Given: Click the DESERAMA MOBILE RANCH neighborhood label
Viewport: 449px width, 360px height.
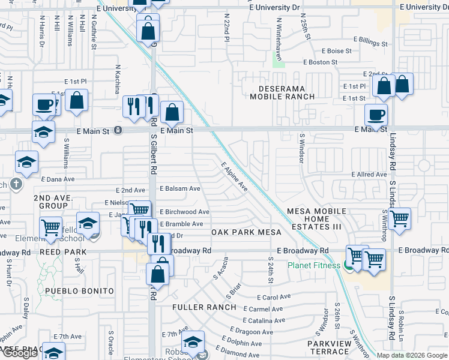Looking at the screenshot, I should (x=277, y=92).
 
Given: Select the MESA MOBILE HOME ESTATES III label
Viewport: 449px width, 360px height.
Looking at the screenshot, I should (x=316, y=219).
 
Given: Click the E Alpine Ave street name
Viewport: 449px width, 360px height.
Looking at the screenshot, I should (x=235, y=176).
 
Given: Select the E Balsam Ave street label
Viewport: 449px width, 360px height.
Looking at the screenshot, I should (x=180, y=188).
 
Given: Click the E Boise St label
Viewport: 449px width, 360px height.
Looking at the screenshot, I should (x=336, y=52).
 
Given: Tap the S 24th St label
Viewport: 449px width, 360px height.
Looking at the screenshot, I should (x=271, y=271).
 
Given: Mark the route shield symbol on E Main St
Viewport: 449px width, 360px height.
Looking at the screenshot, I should (x=118, y=130).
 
